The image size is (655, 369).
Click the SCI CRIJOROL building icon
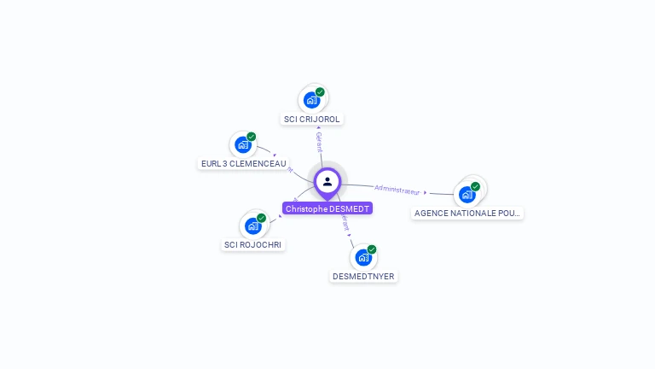(312, 99)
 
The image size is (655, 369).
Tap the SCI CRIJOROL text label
(312, 120)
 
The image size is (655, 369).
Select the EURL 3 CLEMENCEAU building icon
(243, 144)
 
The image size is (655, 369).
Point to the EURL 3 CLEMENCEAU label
(243, 164)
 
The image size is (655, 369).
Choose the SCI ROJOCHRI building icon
(252, 225)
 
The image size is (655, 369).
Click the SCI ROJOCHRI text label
(253, 245)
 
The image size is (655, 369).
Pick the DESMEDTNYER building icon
(363, 257)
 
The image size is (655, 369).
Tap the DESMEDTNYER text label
(363, 277)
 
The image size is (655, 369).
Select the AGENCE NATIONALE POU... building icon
(467, 194)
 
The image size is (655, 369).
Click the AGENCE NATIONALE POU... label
(467, 214)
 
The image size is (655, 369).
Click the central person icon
(327, 181)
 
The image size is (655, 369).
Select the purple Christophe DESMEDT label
(327, 208)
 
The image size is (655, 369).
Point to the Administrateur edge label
(397, 189)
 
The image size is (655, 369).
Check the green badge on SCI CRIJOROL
(320, 91)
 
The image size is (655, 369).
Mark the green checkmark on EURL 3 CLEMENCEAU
(252, 137)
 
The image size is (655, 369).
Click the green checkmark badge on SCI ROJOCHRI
(261, 218)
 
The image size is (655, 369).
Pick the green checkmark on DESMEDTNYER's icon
(372, 249)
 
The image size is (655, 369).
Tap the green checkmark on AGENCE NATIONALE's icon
(475, 186)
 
